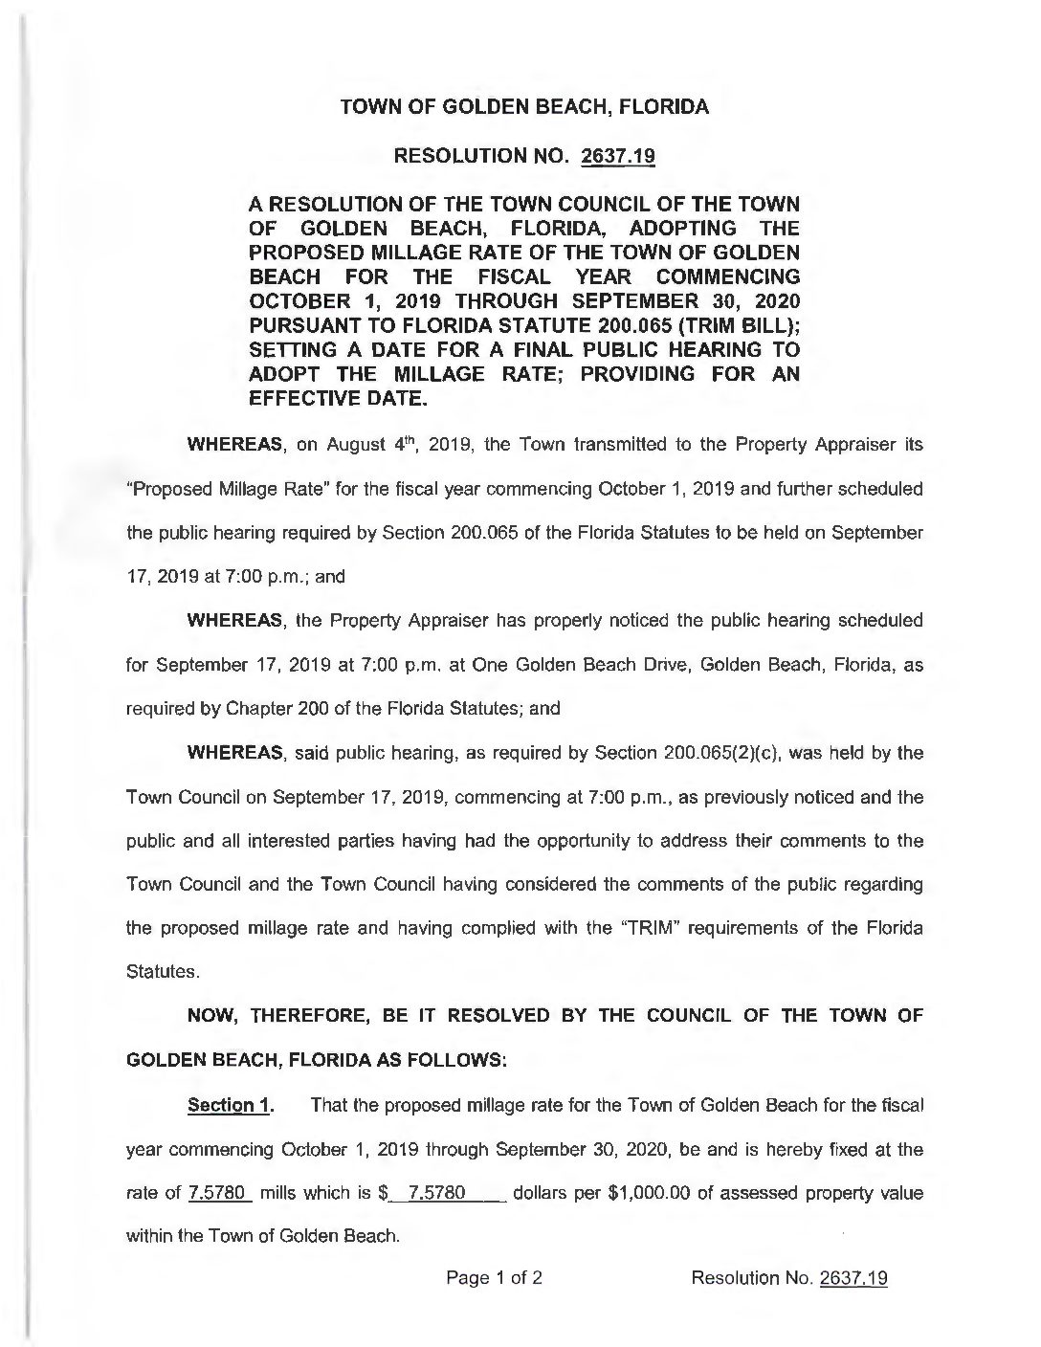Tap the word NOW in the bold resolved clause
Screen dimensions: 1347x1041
(212, 1016)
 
